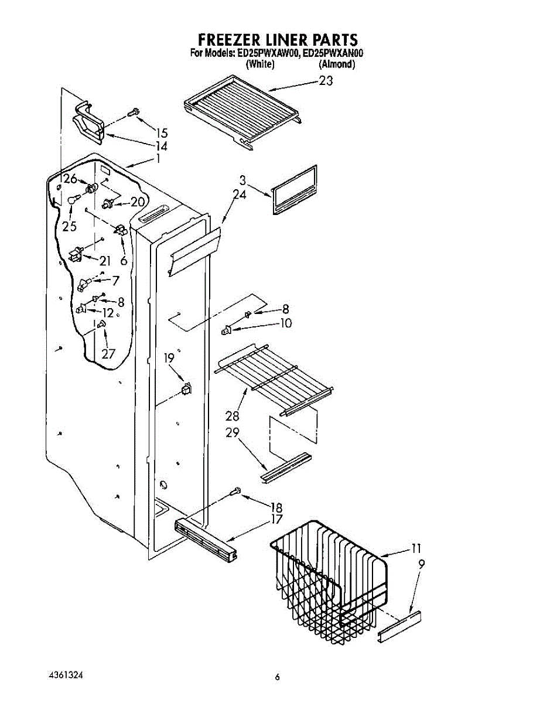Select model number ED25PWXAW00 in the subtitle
point(268,54)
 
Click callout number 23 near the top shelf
point(326,81)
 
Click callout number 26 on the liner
point(71,179)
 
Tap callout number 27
point(108,353)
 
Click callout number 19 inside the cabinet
point(169,359)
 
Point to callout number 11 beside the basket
point(416,548)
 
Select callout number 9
point(422,565)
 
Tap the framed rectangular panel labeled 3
point(295,190)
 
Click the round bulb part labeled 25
point(73,201)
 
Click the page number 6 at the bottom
point(278,677)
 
